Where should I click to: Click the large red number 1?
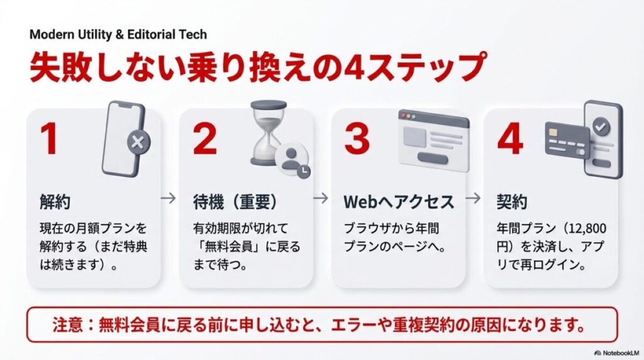tap(50, 140)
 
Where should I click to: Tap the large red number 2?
tap(205, 140)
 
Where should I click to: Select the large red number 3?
tap(357, 140)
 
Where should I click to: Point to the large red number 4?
tap(509, 140)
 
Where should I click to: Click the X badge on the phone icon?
tap(138, 143)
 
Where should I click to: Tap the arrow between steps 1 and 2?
tap(168, 198)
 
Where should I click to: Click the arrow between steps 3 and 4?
tap(474, 198)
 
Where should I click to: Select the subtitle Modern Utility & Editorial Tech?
tap(118, 34)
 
